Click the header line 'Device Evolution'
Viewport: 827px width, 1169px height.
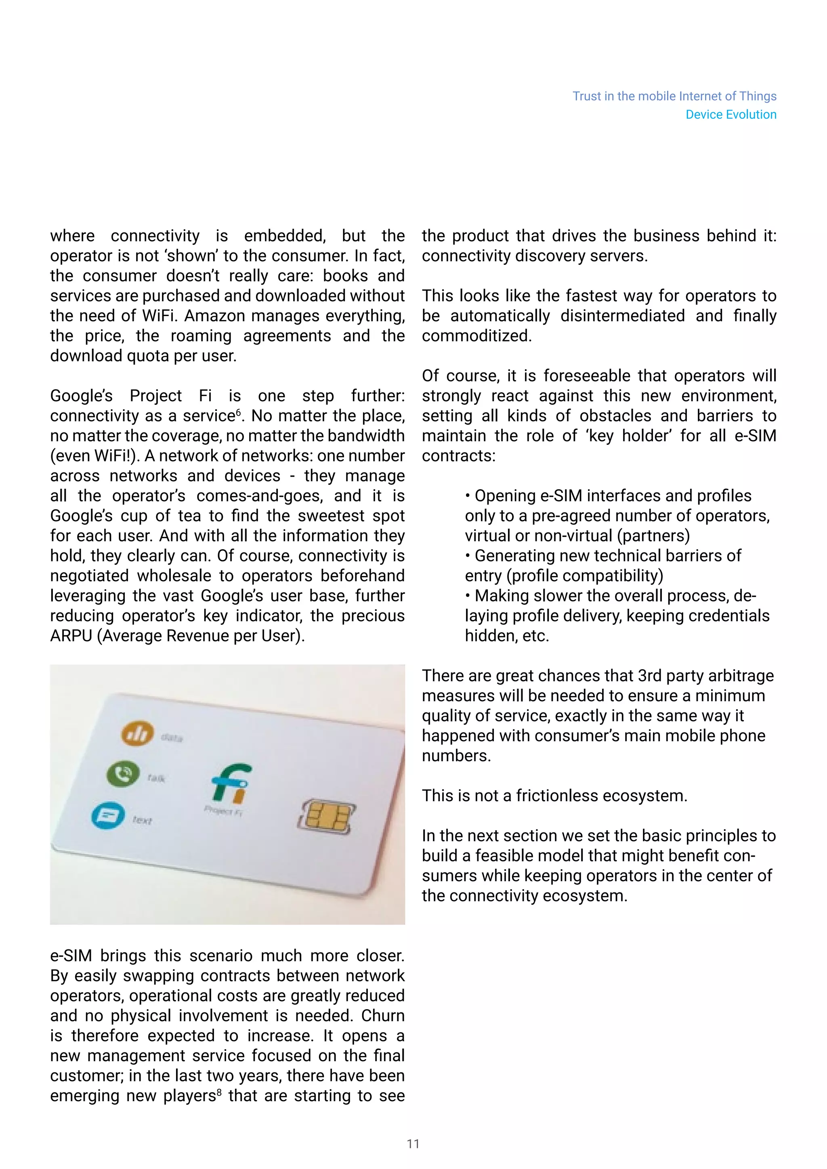[x=731, y=115]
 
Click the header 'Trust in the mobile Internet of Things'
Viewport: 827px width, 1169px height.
[x=674, y=96]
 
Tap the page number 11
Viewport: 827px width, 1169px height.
[x=413, y=1144]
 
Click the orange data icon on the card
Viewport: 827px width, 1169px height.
[x=137, y=734]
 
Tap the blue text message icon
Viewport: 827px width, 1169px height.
[x=108, y=816]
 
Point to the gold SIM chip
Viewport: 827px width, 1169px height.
[x=326, y=815]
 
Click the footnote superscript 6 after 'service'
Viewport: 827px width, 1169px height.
[x=238, y=411]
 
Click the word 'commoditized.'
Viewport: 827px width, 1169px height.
[x=476, y=336]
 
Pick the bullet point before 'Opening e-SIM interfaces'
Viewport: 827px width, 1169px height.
[x=468, y=497]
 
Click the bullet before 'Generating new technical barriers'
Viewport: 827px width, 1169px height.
[x=468, y=556]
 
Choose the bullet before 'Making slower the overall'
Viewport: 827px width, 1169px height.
[x=468, y=596]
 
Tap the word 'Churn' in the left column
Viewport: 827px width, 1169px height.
[x=383, y=1016]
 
